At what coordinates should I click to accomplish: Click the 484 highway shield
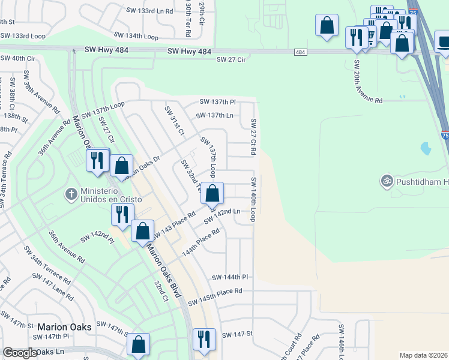301,53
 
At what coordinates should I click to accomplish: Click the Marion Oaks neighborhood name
64,327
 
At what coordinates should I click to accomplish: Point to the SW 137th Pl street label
217,102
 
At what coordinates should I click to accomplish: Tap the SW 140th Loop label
254,199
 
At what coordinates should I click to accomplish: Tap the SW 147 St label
238,334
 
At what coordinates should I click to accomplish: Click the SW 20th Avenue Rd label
367,82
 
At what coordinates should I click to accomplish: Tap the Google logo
20,353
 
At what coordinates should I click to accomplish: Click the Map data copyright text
423,355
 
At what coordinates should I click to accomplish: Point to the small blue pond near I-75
426,148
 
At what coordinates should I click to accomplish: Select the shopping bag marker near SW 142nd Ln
212,193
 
